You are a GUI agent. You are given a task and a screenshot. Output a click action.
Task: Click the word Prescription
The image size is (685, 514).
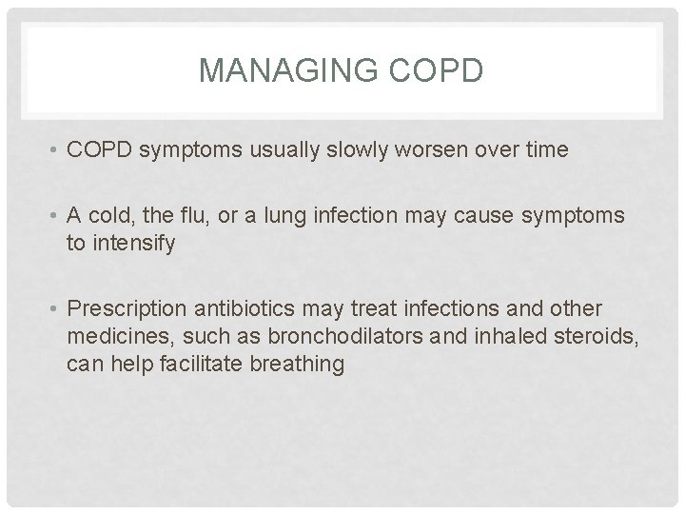click(x=127, y=309)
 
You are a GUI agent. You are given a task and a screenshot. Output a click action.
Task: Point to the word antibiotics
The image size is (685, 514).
click(x=246, y=309)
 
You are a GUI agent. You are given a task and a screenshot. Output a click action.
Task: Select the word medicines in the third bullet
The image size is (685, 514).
click(x=110, y=336)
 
